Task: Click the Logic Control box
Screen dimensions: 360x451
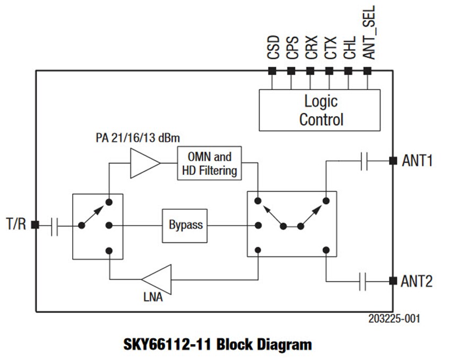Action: coord(319,110)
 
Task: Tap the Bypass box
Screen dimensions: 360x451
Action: coord(185,225)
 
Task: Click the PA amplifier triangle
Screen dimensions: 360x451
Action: coord(143,163)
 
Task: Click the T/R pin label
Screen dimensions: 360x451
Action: coord(16,224)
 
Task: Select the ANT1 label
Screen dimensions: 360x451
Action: coord(418,160)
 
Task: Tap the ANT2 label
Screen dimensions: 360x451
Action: coord(418,281)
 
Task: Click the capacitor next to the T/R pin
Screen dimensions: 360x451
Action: coord(55,225)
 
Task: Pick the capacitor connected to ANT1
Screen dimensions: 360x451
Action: coord(364,161)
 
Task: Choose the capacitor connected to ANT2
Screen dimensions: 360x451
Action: coord(364,281)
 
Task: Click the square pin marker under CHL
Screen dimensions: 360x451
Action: coord(348,71)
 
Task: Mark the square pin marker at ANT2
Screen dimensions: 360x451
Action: coord(393,281)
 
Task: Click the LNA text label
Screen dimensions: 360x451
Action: coord(153,297)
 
